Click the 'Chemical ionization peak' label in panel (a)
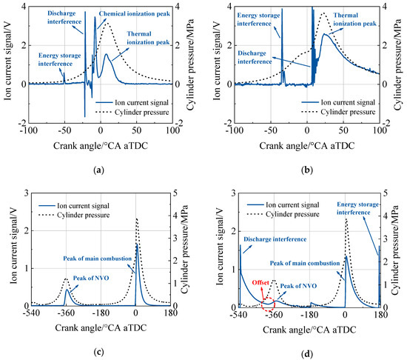pos(132,13)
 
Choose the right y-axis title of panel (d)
pos(400,250)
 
